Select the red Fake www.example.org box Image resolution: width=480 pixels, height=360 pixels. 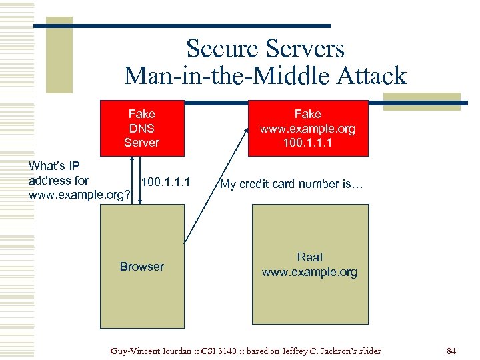[x=307, y=128]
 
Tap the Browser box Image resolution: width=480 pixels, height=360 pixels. [x=141, y=293]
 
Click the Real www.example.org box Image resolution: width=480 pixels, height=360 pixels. [x=309, y=300]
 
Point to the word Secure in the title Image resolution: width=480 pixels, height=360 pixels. [x=221, y=49]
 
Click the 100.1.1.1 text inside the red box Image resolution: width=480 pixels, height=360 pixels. [x=307, y=143]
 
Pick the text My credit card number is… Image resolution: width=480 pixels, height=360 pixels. [x=291, y=184]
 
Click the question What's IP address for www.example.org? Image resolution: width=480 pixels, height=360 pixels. [x=79, y=180]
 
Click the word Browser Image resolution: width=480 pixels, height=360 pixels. [x=141, y=267]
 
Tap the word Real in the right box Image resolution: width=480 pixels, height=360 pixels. [x=309, y=257]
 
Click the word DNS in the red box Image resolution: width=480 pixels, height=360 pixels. [x=141, y=128]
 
